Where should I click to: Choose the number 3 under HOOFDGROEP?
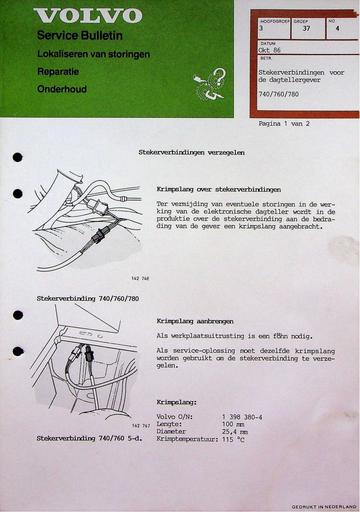(261, 30)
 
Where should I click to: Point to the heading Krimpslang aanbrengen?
(197, 322)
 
